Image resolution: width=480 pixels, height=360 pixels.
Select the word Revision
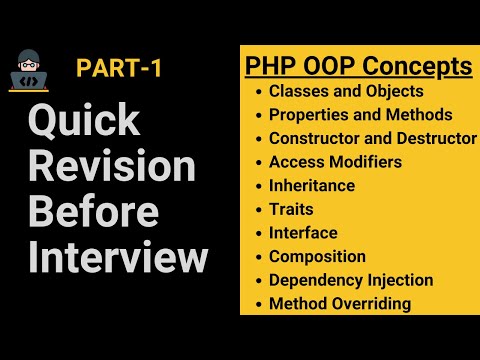click(113, 169)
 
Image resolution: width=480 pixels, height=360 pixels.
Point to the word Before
click(93, 213)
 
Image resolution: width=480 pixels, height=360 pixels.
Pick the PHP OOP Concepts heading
click(359, 67)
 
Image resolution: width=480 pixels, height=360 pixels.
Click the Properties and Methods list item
click(360, 115)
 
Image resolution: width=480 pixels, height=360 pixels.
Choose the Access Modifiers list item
click(335, 162)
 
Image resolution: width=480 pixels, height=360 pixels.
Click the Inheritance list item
click(311, 185)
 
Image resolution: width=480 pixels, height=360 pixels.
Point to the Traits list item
click(291, 209)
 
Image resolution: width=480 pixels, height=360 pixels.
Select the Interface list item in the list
click(303, 233)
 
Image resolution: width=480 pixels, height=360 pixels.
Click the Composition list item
click(317, 257)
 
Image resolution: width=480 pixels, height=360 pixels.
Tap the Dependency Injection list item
click(350, 280)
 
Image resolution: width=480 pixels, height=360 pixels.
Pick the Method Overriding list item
click(340, 304)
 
